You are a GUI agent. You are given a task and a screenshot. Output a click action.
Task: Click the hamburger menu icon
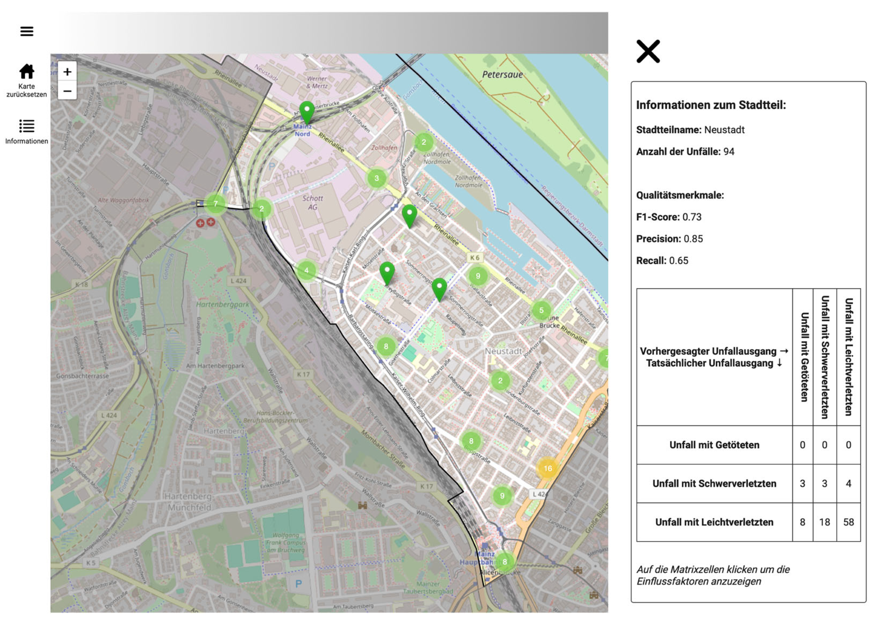pos(26,31)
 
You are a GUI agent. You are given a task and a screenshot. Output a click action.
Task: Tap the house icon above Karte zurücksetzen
pos(26,71)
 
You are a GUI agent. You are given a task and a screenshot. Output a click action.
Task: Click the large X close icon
pos(648,51)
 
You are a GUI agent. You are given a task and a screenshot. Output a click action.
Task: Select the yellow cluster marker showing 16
pos(547,468)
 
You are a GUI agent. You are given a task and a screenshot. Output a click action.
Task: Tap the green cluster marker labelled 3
pos(376,178)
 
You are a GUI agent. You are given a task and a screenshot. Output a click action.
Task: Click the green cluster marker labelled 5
pos(541,310)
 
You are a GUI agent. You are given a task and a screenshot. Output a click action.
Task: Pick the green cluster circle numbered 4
pos(306,270)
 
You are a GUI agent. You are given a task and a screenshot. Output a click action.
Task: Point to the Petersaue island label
pos(502,75)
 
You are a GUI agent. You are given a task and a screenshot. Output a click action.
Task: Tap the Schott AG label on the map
pos(312,202)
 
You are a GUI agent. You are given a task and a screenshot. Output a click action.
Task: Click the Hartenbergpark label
pos(222,305)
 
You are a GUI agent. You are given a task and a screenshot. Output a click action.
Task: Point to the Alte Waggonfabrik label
pos(123,200)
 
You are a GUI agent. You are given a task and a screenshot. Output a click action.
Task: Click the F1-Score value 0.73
pos(692,217)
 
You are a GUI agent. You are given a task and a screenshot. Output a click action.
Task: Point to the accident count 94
pos(728,152)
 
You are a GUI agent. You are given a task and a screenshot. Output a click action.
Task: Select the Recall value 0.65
pos(679,261)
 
